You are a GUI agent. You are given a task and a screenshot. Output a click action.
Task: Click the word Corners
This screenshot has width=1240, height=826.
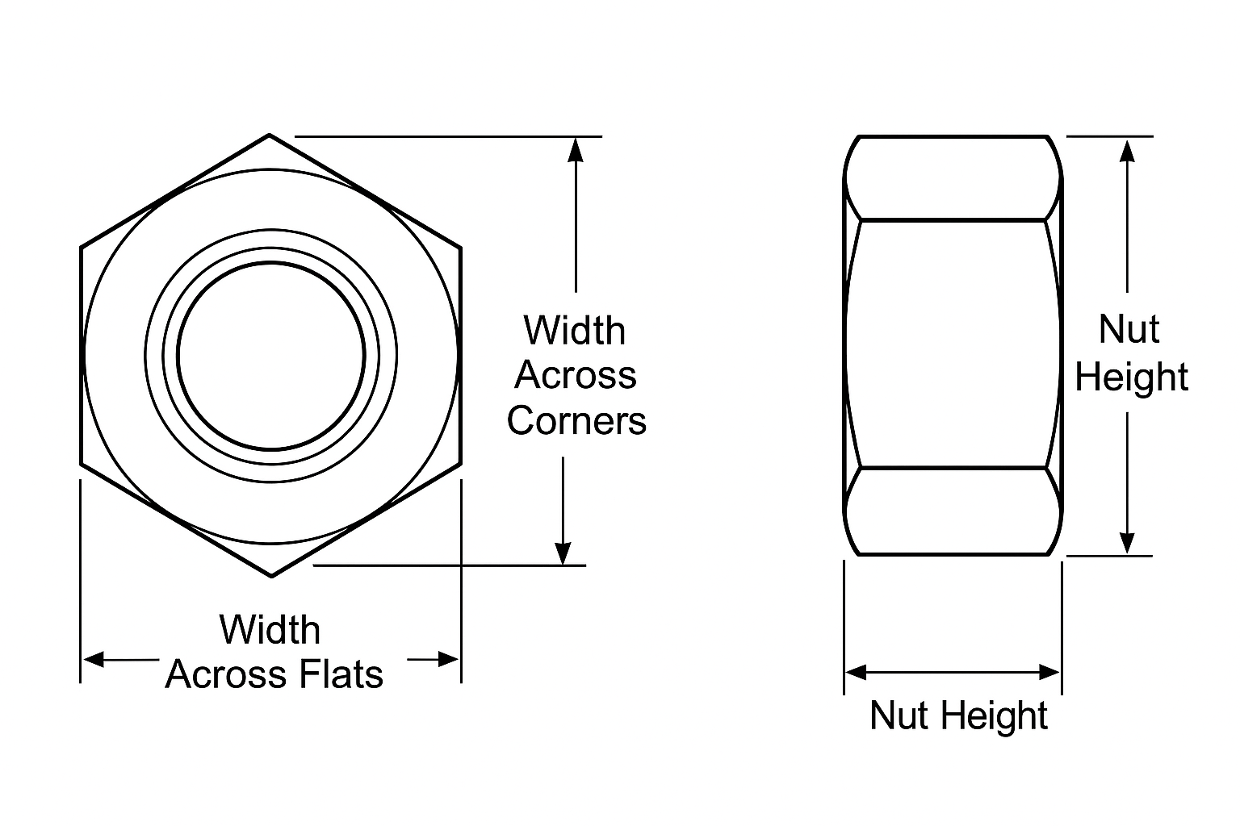coord(576,420)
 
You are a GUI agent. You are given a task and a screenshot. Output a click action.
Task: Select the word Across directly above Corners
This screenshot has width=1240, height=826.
coord(576,375)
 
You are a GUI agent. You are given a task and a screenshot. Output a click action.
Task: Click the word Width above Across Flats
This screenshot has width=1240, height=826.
coord(270,630)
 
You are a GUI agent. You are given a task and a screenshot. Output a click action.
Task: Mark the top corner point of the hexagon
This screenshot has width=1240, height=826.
coord(269,135)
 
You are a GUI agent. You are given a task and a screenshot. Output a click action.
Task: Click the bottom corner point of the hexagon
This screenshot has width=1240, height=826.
coord(271,576)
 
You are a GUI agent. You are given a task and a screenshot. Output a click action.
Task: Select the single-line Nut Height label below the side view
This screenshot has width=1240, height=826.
coord(958,715)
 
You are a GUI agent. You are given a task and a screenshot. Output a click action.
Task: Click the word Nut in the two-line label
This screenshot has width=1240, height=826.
coord(1129,330)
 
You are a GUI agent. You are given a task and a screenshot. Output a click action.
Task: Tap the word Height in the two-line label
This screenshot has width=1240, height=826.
coord(1131,378)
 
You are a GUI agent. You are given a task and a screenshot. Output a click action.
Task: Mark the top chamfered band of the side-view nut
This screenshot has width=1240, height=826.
coord(953,178)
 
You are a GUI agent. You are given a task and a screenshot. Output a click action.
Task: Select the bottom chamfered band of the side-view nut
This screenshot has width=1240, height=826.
coord(953,511)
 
